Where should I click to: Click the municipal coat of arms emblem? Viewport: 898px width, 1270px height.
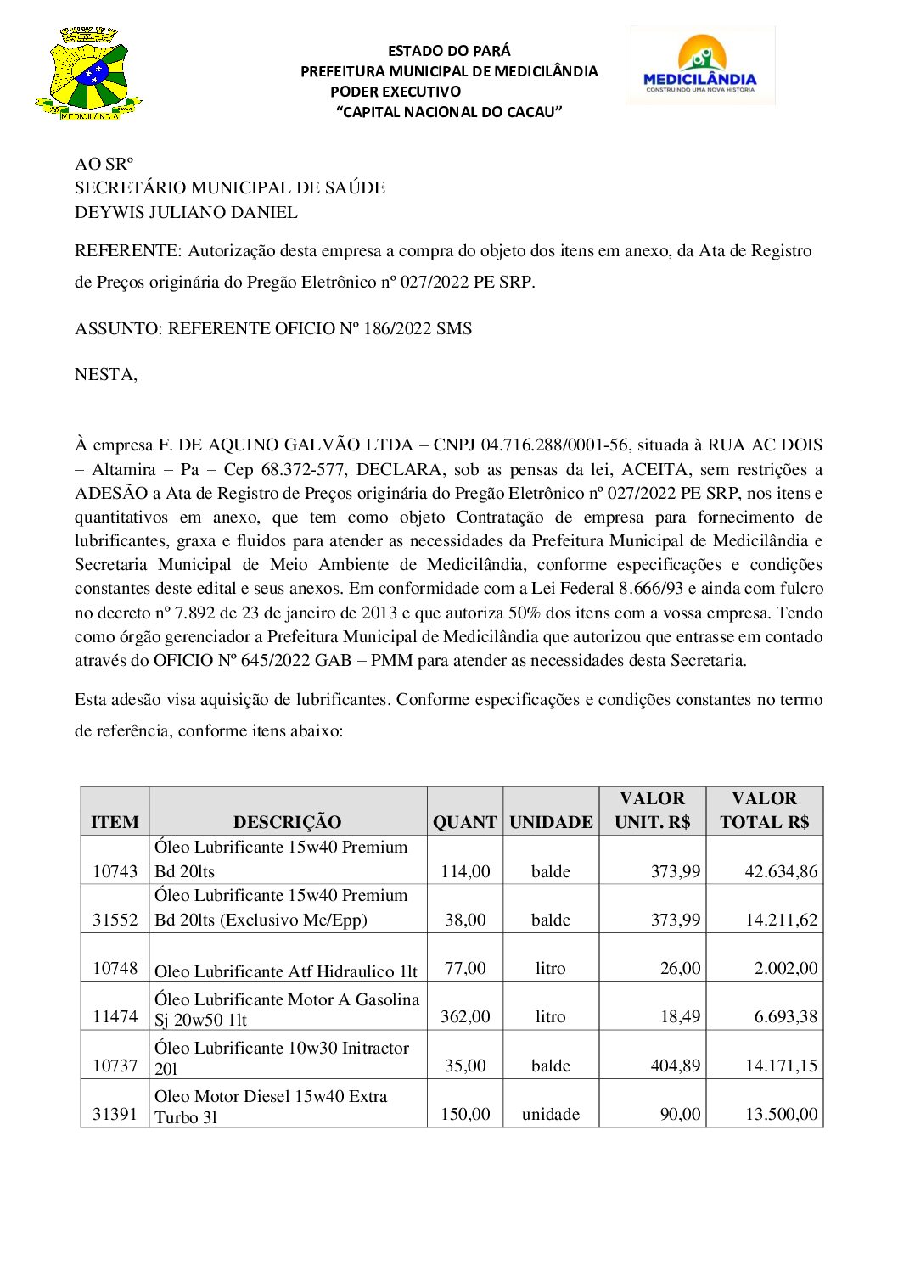point(87,74)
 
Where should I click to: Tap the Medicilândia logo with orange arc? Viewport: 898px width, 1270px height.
point(700,64)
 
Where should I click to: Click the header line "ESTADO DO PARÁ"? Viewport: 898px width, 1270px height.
point(449,51)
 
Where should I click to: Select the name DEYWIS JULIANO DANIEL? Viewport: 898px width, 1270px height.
point(186,212)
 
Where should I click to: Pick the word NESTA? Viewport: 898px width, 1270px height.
point(105,374)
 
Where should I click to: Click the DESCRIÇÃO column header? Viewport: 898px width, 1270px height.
point(287,821)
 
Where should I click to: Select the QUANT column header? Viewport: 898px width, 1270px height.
point(464,821)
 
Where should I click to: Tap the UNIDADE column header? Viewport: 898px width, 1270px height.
point(551,821)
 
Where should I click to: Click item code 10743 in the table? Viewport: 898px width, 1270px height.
point(115,870)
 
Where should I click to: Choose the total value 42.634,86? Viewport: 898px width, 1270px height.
point(781,870)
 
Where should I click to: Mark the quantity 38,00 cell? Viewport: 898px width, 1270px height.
point(465,920)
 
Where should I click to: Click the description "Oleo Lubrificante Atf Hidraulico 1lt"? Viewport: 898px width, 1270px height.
point(286,971)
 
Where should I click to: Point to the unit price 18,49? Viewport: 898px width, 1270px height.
point(681,1016)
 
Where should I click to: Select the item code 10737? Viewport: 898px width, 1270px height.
point(115,1066)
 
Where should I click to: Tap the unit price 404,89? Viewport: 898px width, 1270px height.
point(676,1066)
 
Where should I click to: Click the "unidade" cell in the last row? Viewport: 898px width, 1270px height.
point(551,1114)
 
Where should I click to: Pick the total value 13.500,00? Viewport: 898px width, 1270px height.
point(781,1114)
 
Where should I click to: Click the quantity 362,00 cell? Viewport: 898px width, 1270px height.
point(465,1016)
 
